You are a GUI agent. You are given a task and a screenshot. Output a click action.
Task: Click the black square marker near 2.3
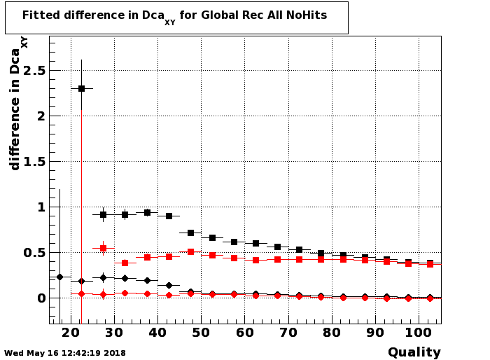(81, 88)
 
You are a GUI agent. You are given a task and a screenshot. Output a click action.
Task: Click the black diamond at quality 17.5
(60, 277)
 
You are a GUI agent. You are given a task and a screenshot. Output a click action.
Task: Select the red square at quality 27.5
(103, 249)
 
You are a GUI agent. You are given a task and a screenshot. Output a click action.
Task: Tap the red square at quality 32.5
(125, 263)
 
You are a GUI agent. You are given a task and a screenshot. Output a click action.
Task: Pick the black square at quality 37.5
(147, 213)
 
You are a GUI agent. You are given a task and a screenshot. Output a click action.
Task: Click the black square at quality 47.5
(190, 233)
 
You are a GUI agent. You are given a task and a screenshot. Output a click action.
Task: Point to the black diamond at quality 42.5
(169, 285)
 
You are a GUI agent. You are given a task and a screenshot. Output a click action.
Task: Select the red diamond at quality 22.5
(81, 293)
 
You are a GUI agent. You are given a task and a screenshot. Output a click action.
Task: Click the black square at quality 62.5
(256, 243)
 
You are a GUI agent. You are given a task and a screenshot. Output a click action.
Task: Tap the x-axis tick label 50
(201, 333)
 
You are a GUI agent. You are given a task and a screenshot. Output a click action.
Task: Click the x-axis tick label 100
(419, 333)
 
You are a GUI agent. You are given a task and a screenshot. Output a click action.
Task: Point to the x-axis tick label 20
(71, 333)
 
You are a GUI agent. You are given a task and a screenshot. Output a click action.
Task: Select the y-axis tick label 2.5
(34, 71)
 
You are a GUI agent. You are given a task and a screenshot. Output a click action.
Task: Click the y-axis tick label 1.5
(34, 162)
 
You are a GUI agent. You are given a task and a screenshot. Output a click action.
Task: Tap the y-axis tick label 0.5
(34, 253)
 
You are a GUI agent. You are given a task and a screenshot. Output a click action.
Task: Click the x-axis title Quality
(414, 352)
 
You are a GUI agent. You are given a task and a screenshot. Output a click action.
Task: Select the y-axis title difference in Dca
(15, 109)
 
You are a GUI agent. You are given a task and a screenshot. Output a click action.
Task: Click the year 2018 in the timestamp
(115, 353)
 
